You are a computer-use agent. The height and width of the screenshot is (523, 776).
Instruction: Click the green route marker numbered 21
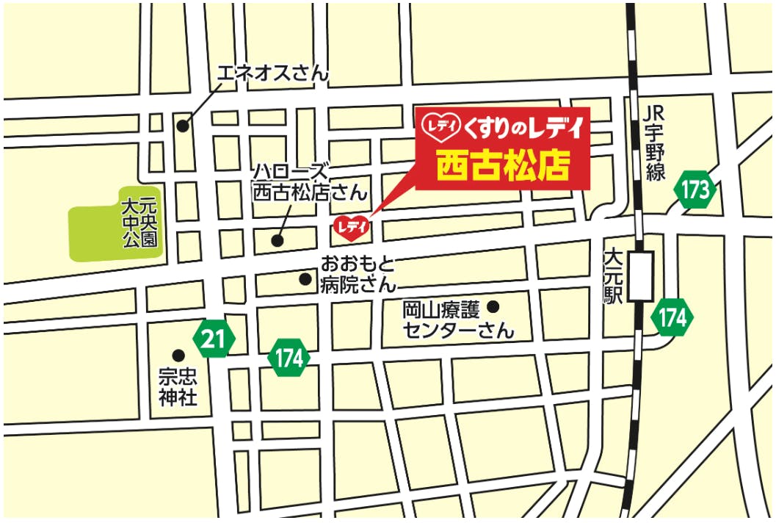click(x=213, y=339)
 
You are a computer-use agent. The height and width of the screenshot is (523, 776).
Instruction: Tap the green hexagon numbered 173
click(x=695, y=191)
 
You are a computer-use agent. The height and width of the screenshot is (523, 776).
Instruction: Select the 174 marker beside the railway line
click(x=672, y=317)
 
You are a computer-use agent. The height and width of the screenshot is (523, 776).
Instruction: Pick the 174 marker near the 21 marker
click(x=289, y=358)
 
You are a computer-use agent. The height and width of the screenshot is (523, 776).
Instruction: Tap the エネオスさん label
click(x=272, y=72)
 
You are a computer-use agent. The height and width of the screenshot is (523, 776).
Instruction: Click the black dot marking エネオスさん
click(x=182, y=125)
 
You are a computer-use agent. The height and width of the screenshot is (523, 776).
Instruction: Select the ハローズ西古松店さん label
click(x=309, y=182)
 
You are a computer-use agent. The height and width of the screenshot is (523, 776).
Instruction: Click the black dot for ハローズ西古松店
click(x=278, y=239)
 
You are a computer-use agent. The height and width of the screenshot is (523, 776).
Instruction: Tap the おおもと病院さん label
click(x=358, y=273)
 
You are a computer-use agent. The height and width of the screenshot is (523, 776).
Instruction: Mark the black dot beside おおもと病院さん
click(x=305, y=279)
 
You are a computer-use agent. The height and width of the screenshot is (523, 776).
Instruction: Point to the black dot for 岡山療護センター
click(x=493, y=306)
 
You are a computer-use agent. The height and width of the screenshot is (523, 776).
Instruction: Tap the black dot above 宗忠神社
click(x=178, y=355)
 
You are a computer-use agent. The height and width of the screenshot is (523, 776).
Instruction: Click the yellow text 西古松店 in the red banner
click(x=503, y=166)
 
